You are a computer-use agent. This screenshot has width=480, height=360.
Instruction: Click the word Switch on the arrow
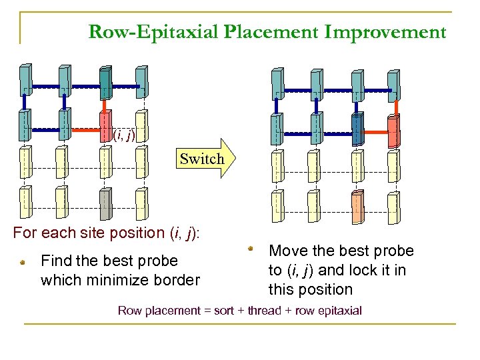pyautogui.click(x=202, y=159)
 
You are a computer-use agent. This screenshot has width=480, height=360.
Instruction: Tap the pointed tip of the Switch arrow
pyautogui.click(x=236, y=158)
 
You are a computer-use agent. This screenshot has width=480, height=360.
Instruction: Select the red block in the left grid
pyautogui.click(x=105, y=125)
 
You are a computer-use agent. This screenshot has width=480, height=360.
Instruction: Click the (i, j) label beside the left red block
pyautogui.click(x=123, y=135)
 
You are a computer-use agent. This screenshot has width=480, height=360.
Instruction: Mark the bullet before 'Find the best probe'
pyautogui.click(x=22, y=263)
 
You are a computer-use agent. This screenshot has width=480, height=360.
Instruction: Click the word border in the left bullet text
pyautogui.click(x=179, y=280)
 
